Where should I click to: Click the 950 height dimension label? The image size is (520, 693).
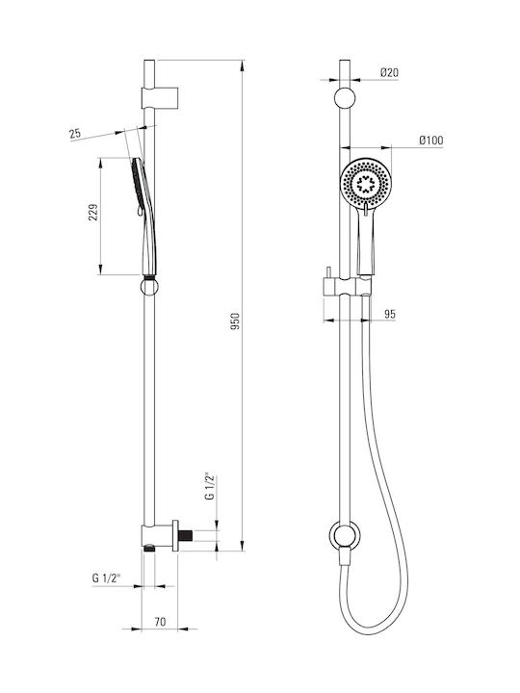coord(235,321)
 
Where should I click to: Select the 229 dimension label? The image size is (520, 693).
coord(93,213)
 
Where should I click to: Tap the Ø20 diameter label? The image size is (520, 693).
coord(389,72)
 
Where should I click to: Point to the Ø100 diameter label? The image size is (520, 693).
coord(431,141)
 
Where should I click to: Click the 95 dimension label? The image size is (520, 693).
coord(390,314)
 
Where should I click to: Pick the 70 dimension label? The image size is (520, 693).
coord(160,622)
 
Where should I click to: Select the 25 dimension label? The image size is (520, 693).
coord(75,134)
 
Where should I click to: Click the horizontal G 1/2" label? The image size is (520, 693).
coord(106,577)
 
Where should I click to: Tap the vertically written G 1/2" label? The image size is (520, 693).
coord(210,487)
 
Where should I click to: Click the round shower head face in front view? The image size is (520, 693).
coord(366,184)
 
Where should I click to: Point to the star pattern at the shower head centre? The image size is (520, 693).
coord(366,184)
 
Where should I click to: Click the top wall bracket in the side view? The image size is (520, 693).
coord(160,97)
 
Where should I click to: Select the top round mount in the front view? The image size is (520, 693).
coord(345,98)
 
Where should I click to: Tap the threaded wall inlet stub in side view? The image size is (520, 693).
coord(186,535)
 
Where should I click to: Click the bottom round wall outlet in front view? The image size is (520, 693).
coord(345,536)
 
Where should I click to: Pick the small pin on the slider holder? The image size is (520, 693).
coord(328,272)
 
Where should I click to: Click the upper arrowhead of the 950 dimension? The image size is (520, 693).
coord(242,65)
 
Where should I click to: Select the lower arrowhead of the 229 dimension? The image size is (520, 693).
coord(101,269)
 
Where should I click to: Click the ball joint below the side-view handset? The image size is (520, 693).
coord(149,287)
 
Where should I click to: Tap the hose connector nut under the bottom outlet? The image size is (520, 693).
coord(345,556)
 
